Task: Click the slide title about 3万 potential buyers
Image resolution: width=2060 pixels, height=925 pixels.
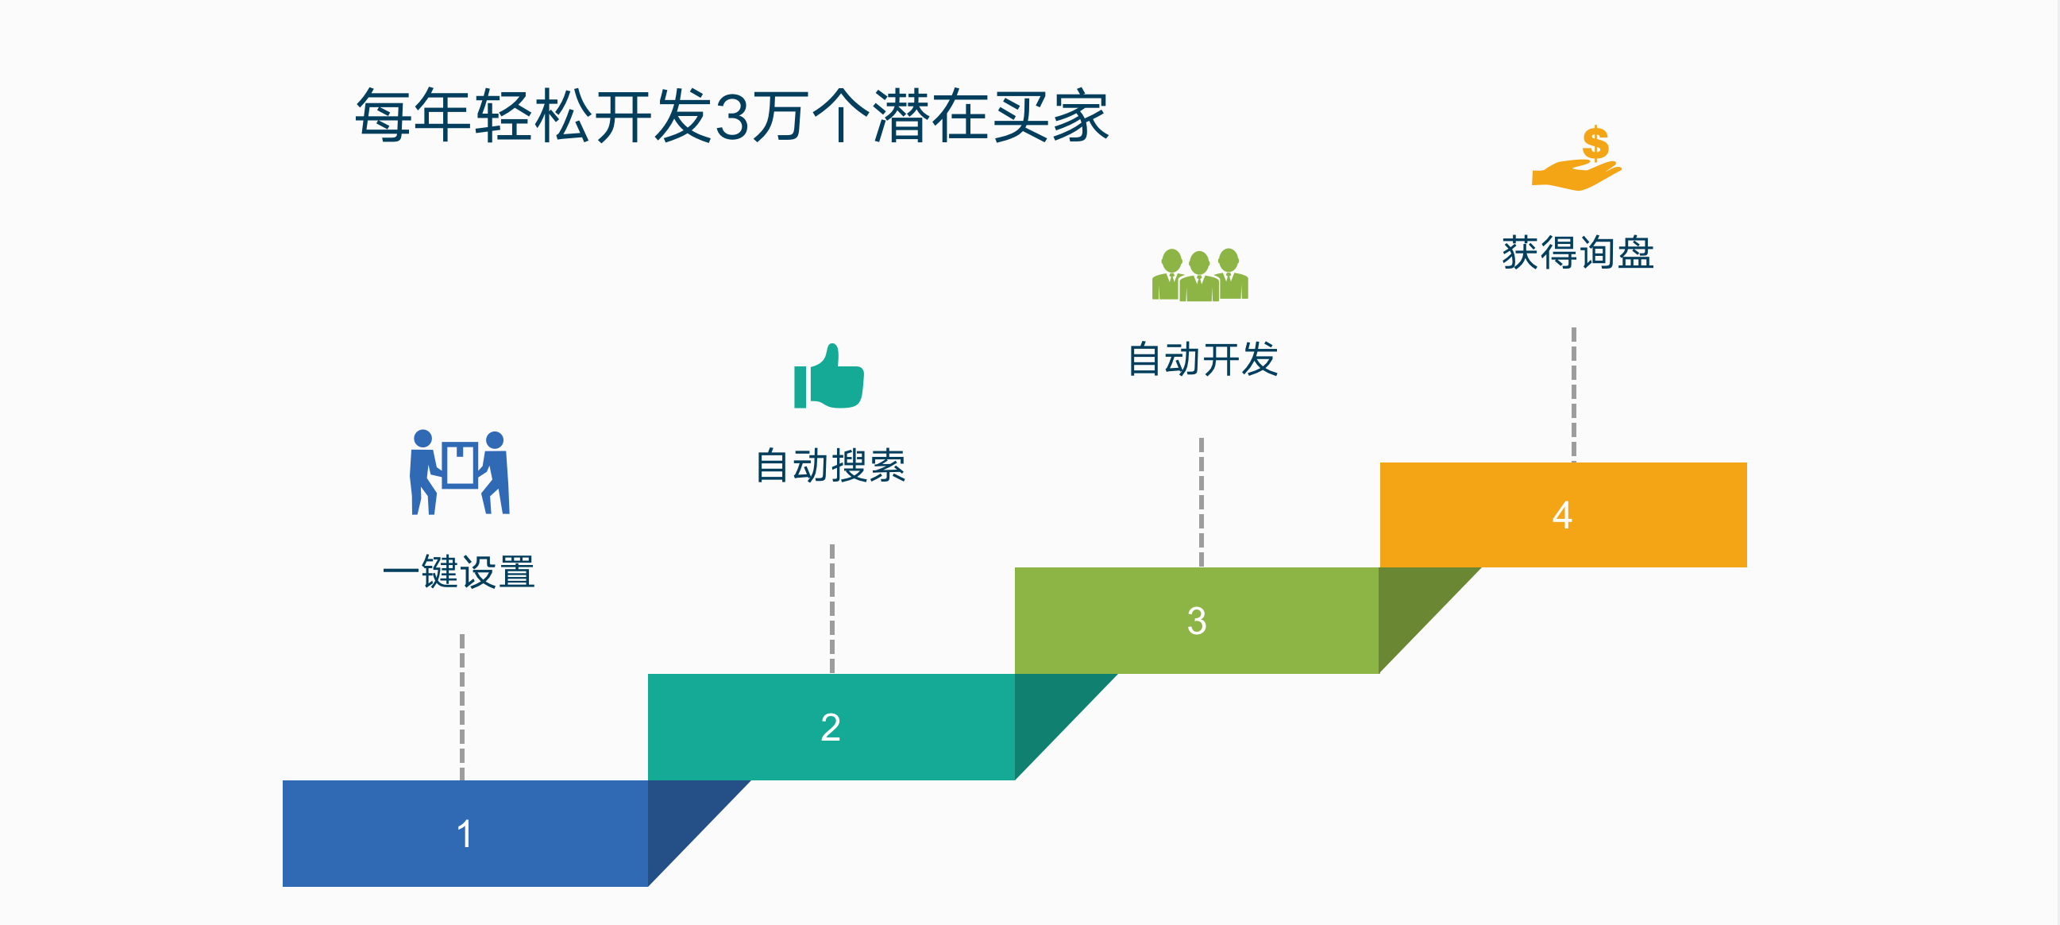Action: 731,116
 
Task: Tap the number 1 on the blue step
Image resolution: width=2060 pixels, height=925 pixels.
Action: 465,834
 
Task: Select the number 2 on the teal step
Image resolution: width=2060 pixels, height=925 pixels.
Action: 830,727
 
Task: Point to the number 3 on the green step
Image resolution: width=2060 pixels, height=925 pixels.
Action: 1196,621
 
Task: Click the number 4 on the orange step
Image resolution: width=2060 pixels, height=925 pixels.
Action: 1562,515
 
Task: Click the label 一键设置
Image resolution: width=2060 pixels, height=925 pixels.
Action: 459,572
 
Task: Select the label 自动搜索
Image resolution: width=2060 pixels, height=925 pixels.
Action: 830,466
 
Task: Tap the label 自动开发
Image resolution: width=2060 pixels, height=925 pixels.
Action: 1202,359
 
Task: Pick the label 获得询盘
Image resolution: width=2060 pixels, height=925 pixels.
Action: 1577,253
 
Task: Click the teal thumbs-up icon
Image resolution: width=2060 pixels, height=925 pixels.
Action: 829,377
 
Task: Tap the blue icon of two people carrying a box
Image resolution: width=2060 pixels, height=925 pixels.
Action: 460,472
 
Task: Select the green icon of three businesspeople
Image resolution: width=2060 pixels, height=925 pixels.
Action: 1199,275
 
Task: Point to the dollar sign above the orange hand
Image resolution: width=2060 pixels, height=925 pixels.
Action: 1595,143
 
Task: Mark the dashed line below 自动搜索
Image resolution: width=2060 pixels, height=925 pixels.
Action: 831,608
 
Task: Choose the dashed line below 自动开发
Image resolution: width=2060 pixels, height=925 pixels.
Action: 1201,501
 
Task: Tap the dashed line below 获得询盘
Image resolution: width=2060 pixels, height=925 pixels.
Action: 1573,393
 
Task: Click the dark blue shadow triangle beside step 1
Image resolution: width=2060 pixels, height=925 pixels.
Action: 680,820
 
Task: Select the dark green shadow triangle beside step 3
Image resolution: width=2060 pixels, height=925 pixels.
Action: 1411,608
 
